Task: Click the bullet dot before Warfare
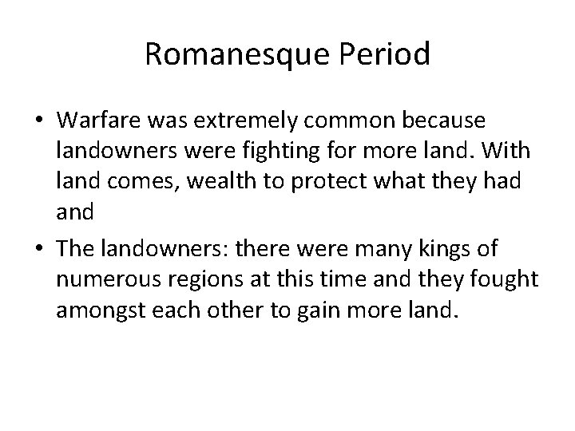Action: tap(38, 121)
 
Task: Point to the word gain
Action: tap(314, 309)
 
